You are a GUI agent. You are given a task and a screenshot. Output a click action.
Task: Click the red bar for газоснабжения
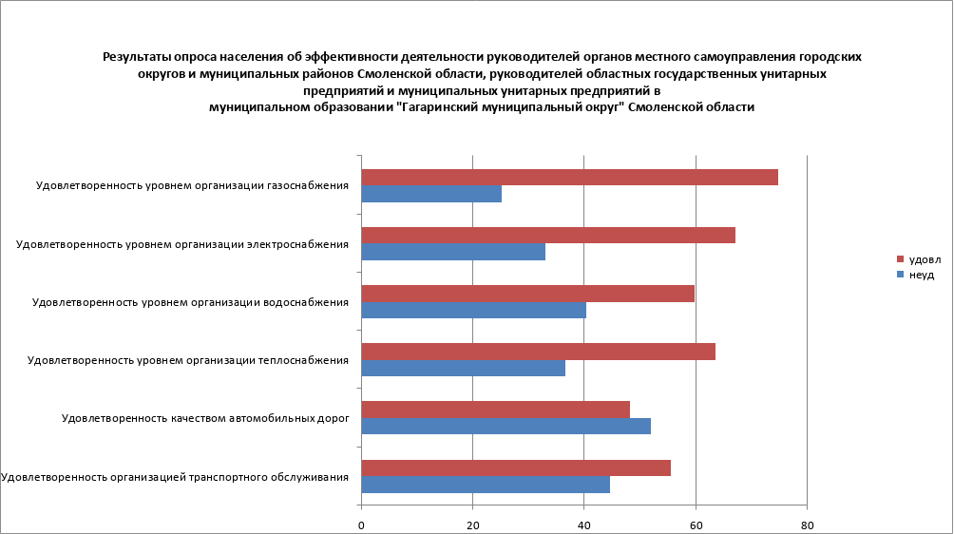(570, 178)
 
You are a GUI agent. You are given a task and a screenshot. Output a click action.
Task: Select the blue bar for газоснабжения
(431, 194)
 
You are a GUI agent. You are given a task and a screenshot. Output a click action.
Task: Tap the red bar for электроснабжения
(548, 236)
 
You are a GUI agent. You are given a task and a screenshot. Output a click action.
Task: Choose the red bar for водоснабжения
(528, 294)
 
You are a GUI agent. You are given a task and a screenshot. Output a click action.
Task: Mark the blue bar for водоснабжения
(474, 310)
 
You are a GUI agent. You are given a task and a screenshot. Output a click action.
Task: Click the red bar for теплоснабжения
(539, 352)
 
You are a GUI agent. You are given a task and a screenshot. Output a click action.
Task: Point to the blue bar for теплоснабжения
(464, 368)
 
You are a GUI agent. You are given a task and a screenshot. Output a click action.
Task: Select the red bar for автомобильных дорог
(496, 410)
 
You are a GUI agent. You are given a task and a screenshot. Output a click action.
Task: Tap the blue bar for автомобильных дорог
(506, 426)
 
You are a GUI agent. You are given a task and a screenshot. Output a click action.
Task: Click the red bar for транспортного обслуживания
(516, 467)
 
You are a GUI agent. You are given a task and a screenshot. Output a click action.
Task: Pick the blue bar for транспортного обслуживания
(486, 485)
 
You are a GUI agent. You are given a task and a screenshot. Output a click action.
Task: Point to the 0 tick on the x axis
(362, 524)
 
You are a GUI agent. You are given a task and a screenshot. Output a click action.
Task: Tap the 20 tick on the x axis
(472, 524)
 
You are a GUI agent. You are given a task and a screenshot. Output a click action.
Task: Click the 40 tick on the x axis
(583, 524)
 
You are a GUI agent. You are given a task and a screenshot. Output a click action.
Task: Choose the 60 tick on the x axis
(696, 524)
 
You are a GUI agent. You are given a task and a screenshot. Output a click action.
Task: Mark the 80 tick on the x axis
(807, 524)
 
